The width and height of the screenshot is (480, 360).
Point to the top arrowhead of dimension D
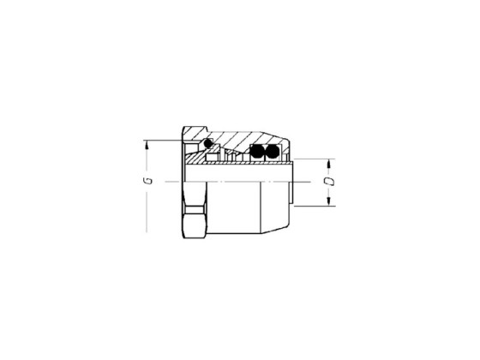329,163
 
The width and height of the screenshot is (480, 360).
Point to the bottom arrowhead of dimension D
329,202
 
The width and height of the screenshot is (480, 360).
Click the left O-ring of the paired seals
255,152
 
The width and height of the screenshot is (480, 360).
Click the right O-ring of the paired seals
270,152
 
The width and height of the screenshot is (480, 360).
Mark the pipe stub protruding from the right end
293,184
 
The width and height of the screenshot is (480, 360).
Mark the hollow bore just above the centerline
240,174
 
